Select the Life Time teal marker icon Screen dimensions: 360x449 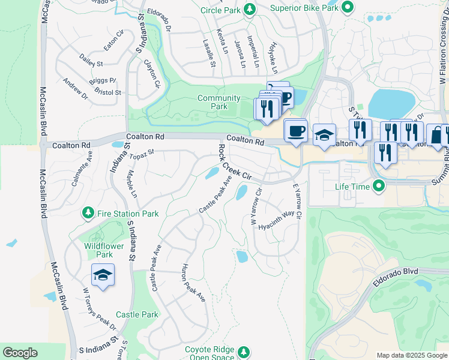pos(378,187)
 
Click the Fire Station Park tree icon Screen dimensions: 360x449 pos(88,213)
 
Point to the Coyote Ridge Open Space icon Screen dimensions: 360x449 pos(243,351)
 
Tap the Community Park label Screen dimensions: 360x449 pos(218,103)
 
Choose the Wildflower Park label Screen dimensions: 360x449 pos(104,250)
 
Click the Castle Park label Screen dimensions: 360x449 pos(137,314)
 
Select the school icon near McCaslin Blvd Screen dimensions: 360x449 pos(103,275)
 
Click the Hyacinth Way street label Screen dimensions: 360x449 pos(276,221)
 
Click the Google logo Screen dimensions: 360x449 pos(20,353)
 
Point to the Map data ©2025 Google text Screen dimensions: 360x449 pos(411,355)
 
